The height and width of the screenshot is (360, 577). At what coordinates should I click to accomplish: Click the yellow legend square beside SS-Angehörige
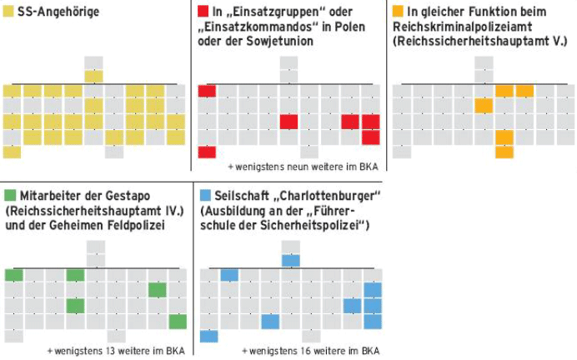click(x=8, y=12)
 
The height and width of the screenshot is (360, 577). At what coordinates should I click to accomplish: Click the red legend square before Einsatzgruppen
click(x=203, y=12)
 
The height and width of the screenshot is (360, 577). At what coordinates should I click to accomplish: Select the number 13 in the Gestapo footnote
click(x=111, y=350)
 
